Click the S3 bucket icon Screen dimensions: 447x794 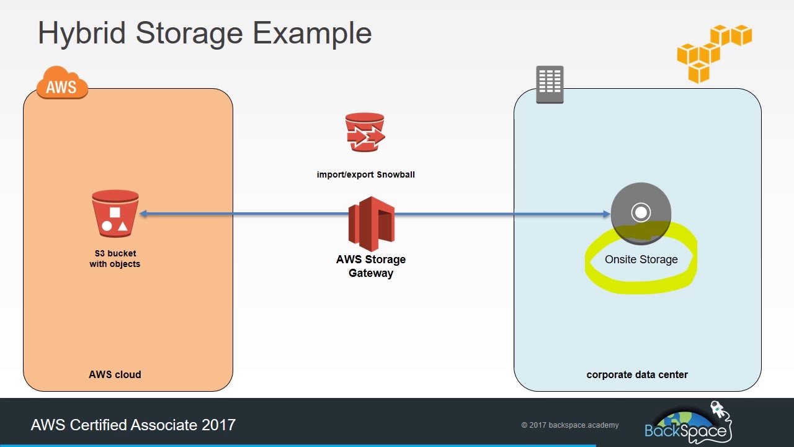(115, 214)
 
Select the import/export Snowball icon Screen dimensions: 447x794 (365, 132)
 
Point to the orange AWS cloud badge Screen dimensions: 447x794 (62, 83)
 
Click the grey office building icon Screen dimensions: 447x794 (550, 84)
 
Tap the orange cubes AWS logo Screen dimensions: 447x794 (713, 53)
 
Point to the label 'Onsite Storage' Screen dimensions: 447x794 (641, 260)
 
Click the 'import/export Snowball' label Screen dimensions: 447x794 (365, 174)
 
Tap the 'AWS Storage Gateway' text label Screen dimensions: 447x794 (371, 266)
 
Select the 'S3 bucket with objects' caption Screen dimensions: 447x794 (115, 259)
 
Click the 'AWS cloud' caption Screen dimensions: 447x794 (115, 374)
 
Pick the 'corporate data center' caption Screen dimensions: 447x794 (637, 374)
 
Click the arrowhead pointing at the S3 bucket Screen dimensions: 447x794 (143, 214)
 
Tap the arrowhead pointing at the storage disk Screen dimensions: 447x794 (607, 214)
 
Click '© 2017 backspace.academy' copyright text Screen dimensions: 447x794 (569, 425)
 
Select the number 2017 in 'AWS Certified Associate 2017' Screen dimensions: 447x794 (218, 425)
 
